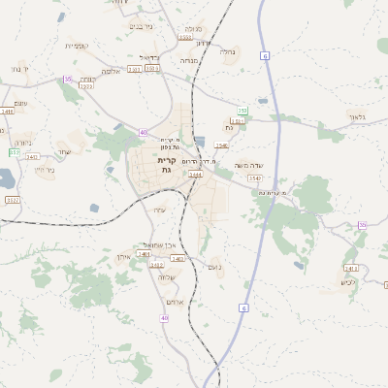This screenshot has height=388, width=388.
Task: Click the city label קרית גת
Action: (x=166, y=164)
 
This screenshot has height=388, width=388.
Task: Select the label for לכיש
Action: (x=348, y=282)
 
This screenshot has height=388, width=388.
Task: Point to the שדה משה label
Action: (x=249, y=165)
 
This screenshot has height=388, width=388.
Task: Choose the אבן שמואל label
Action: (x=156, y=243)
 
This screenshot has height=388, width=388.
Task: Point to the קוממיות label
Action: (x=77, y=46)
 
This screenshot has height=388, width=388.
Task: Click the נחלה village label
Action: (x=229, y=52)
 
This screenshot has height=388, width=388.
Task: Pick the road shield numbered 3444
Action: (x=196, y=175)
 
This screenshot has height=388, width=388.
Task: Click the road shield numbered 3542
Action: (x=255, y=178)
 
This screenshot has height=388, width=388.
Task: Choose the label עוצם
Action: (x=21, y=103)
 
